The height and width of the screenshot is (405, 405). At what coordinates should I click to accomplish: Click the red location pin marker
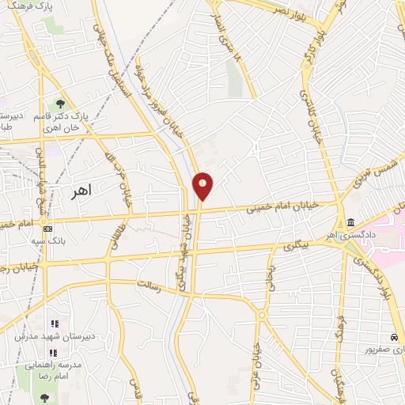(202, 187)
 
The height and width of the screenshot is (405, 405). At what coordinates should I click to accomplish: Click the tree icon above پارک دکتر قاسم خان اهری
(59, 104)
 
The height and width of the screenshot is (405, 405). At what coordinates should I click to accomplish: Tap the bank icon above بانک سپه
(48, 228)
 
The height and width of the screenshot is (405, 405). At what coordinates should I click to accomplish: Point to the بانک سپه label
(47, 242)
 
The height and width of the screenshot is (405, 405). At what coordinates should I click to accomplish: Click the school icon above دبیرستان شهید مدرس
(54, 323)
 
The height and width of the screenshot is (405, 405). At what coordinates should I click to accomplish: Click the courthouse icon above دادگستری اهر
(350, 221)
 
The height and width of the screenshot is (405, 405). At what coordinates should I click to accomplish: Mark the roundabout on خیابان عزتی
(262, 316)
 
